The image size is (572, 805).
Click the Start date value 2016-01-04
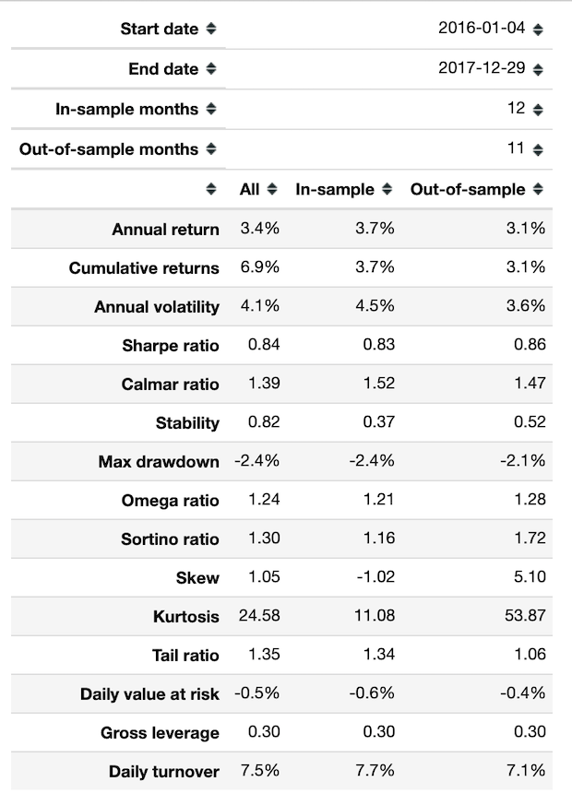click(482, 28)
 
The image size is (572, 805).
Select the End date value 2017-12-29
click(482, 68)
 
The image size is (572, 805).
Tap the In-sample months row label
click(126, 109)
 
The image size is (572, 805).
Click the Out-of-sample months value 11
click(515, 148)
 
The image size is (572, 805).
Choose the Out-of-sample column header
click(468, 189)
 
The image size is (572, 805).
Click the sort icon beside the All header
click(272, 189)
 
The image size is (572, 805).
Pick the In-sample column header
click(335, 189)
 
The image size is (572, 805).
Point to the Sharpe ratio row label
click(170, 346)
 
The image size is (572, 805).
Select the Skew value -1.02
click(375, 577)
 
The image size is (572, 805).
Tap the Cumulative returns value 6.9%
click(259, 267)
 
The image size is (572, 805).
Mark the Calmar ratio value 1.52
click(376, 384)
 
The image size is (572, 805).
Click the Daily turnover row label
click(163, 772)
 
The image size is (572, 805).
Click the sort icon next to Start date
click(211, 29)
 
